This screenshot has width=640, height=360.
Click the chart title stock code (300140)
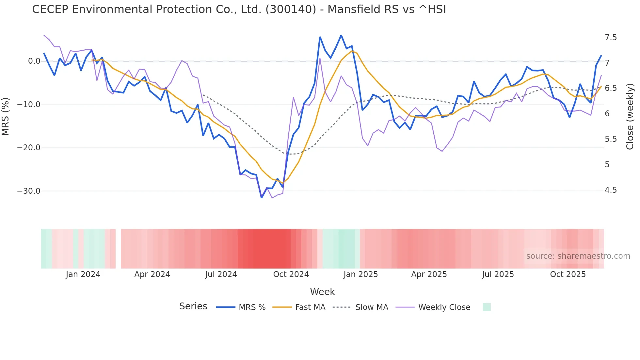[x=291, y=9]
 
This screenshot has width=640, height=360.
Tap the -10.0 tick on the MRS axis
[x=29, y=105]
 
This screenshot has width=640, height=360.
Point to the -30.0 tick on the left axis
[x=29, y=191]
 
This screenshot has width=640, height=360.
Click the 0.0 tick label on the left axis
[x=34, y=61]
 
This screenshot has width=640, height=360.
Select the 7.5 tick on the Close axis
[x=611, y=38]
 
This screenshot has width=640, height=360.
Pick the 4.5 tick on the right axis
[x=611, y=190]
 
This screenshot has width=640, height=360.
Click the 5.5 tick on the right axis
[x=611, y=139]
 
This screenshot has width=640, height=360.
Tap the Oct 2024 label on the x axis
[x=291, y=274]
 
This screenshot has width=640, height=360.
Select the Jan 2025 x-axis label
[x=360, y=274]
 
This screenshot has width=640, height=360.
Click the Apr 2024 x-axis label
[x=152, y=274]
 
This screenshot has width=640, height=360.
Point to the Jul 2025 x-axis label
[x=498, y=274]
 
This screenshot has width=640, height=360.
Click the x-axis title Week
[x=322, y=292]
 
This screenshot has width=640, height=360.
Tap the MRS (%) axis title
[x=6, y=116]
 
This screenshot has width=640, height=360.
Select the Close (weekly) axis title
[x=630, y=116]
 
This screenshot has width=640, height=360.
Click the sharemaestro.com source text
[x=578, y=256]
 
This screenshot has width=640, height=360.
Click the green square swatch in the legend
[x=487, y=307]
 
